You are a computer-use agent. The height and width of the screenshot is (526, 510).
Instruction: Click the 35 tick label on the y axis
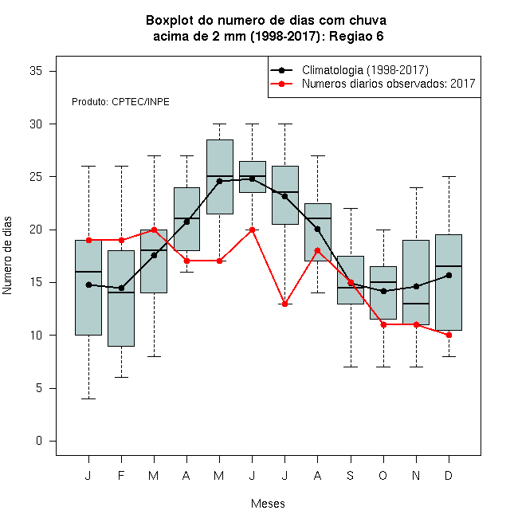pyautogui.click(x=36, y=71)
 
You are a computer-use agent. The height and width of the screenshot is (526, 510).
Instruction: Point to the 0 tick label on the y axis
pyautogui.click(x=39, y=441)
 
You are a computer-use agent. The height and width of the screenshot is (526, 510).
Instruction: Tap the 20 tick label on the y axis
pyautogui.click(x=36, y=230)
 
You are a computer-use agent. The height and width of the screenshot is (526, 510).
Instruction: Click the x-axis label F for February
pyautogui.click(x=121, y=475)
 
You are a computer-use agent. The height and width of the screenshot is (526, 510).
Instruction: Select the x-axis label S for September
pyautogui.click(x=351, y=475)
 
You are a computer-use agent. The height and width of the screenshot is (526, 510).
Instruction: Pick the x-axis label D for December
pyautogui.click(x=449, y=475)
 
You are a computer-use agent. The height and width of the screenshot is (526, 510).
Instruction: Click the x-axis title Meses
pyautogui.click(x=268, y=504)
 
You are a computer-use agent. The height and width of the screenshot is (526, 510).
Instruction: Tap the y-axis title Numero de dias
pyautogui.click(x=7, y=256)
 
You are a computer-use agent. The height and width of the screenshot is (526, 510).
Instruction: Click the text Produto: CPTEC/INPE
pyautogui.click(x=120, y=102)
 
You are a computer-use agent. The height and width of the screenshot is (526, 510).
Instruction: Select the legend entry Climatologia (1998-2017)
pyautogui.click(x=365, y=70)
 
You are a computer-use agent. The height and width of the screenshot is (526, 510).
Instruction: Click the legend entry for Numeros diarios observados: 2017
pyautogui.click(x=389, y=84)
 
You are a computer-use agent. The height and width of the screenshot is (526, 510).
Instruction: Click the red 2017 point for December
pyautogui.click(x=449, y=335)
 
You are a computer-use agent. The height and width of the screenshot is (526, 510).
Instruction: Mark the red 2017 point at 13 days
pyautogui.click(x=284, y=304)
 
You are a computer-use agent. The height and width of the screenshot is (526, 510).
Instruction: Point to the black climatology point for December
pyautogui.click(x=449, y=276)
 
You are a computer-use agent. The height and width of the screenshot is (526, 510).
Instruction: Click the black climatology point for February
pyautogui.click(x=121, y=289)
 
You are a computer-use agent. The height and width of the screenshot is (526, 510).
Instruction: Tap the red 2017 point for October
pyautogui.click(x=383, y=324)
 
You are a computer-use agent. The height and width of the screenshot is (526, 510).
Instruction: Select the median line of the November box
pyautogui.click(x=416, y=304)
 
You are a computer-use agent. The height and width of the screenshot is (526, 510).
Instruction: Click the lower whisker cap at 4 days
pyautogui.click(x=88, y=398)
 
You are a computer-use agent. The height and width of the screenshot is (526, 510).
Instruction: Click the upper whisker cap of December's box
pyautogui.click(x=449, y=176)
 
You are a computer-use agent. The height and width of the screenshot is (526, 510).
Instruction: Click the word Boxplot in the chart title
pyautogui.click(x=170, y=21)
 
